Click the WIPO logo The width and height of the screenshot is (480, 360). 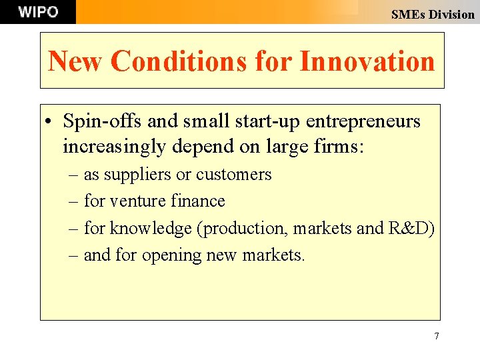(x=38, y=12)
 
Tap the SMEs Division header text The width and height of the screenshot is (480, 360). (x=433, y=14)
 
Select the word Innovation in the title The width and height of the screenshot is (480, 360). (x=367, y=61)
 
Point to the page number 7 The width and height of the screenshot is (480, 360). (x=437, y=336)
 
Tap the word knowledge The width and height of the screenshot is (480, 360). (x=150, y=229)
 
